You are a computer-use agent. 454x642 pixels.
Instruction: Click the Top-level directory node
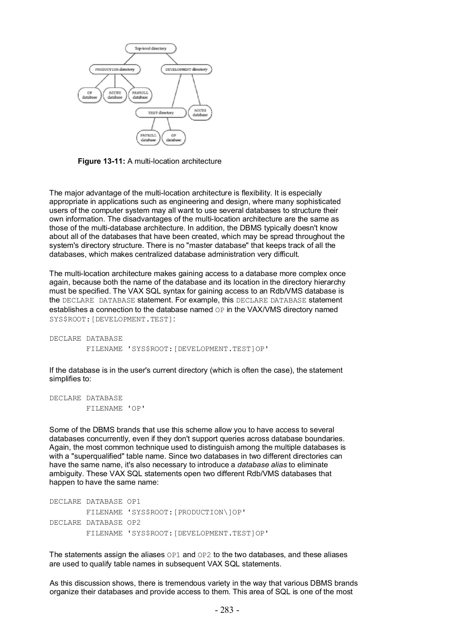pos(151,49)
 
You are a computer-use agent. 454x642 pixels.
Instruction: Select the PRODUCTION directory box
pos(115,69)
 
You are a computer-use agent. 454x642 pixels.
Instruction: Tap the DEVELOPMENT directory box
pos(186,69)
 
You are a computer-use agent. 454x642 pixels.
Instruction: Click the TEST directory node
pos(161,113)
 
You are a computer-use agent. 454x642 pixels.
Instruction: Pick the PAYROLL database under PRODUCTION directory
pos(140,95)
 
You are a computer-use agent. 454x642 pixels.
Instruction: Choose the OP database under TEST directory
pos(173,138)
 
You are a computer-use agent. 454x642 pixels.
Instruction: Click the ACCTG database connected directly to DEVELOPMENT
pos(200,113)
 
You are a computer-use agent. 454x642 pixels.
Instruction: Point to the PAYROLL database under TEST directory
pos(148,138)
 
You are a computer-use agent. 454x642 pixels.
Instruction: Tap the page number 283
pos(227,610)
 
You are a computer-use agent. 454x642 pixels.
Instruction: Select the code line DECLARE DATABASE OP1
pos(95,501)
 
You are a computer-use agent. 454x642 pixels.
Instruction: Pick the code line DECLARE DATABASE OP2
pos(95,523)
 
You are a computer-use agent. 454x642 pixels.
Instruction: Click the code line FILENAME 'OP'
pos(116,408)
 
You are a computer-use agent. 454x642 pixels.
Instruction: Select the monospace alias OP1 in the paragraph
pos(173,555)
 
